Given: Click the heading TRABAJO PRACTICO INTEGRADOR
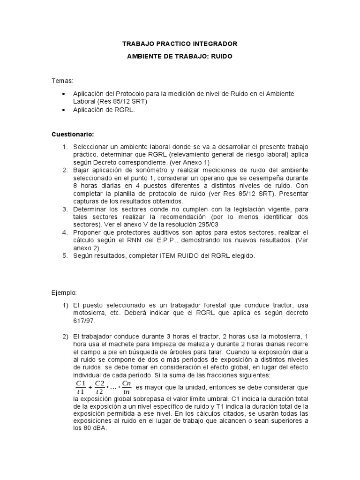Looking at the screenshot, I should tap(180, 44).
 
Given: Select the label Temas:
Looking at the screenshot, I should tap(63, 82).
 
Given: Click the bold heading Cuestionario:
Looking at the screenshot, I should tap(73, 135).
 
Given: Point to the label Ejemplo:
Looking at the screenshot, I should tap(65, 293).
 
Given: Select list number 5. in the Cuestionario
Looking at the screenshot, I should tap(66, 256).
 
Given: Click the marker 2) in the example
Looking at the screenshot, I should tap(66, 337).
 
